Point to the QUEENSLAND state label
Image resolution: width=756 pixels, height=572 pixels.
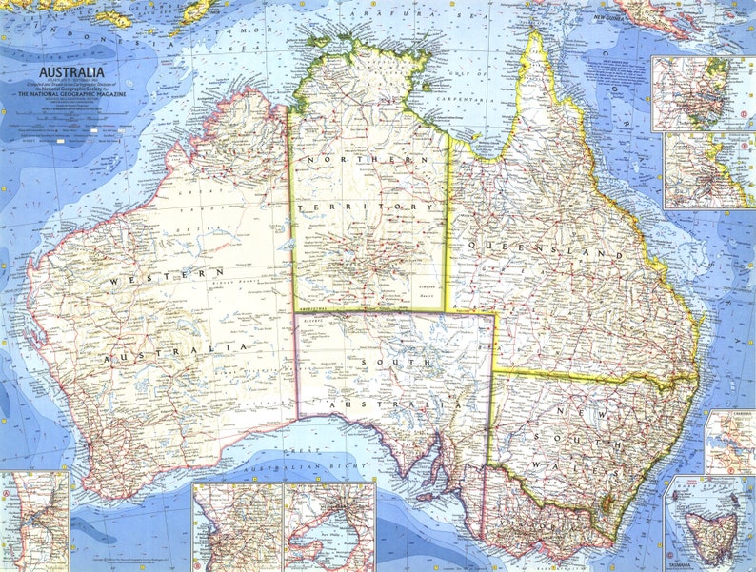[x=545, y=249]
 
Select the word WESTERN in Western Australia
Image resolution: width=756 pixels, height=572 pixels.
[x=165, y=277]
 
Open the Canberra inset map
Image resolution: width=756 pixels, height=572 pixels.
[x=729, y=442]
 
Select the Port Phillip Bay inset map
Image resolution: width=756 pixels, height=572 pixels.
[x=329, y=526]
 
